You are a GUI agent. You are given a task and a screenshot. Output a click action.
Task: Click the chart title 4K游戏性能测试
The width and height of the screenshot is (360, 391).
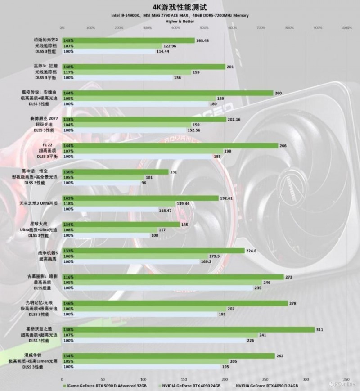180,7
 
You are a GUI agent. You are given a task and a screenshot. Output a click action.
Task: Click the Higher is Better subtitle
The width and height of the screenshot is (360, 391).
180,21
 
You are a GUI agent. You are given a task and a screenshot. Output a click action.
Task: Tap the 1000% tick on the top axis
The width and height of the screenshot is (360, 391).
346,28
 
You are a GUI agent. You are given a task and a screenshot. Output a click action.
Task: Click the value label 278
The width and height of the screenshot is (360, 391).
292,303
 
